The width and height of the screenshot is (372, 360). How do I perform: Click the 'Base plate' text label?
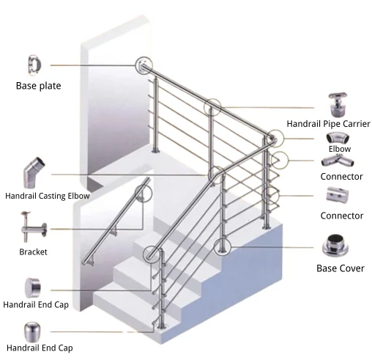click(38, 86)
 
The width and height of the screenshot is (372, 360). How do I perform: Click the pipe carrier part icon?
click(338, 104)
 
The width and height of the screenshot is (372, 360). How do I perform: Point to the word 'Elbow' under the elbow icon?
click(339, 149)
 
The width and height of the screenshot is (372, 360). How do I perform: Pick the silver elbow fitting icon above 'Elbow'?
click(338, 138)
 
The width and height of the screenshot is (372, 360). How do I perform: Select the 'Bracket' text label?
click(33, 252)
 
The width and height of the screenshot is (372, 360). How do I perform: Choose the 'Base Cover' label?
click(340, 268)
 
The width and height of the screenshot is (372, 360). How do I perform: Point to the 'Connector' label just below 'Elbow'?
click(341, 177)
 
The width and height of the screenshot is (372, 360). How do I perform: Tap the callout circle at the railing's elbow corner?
click(273, 138)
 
